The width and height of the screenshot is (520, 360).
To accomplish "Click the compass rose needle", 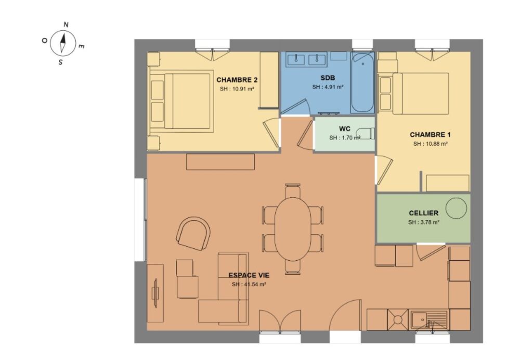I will click(63, 42).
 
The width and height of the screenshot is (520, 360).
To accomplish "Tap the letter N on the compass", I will click(66, 24).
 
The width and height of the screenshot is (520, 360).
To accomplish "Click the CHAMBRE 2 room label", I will click(237, 80).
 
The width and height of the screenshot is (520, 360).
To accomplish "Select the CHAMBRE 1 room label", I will click(430, 135).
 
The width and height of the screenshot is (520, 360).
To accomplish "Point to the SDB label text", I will click(328, 78).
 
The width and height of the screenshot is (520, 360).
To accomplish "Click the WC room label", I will click(344, 128).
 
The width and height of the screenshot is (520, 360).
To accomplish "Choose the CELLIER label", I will click(423, 213).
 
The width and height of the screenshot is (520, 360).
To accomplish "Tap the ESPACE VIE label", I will click(249, 275).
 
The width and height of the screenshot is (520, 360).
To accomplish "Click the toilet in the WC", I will click(366, 134).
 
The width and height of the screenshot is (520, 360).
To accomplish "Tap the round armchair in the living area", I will click(193, 233).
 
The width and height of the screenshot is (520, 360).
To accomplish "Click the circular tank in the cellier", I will click(457, 208).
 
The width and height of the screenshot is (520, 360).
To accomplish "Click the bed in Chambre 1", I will click(420, 93).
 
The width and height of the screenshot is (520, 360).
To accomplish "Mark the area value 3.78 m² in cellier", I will click(423, 222).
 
